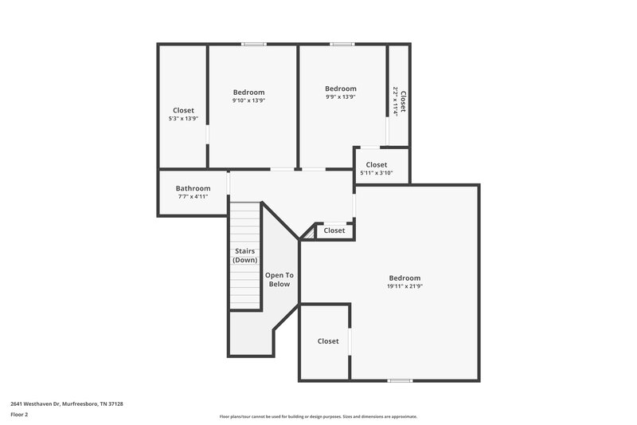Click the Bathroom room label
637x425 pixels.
[x=193, y=188]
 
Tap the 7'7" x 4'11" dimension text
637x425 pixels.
[x=193, y=197]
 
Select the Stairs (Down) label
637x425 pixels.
[x=244, y=256]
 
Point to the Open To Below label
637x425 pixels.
[x=279, y=279]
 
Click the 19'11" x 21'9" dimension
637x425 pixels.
[x=404, y=286]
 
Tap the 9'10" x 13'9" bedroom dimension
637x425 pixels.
[x=248, y=100]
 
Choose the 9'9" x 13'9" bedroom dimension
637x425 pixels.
[x=340, y=96]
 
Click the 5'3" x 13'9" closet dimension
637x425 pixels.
[x=182, y=119]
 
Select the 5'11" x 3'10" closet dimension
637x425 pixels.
[x=376, y=173]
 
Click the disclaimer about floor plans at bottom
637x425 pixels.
[x=318, y=416]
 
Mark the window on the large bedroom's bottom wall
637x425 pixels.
[x=399, y=380]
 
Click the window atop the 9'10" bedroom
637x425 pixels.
[x=254, y=44]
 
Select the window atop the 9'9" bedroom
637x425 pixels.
[x=342, y=44]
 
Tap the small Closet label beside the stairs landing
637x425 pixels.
[x=334, y=230]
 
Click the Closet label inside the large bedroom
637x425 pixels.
[x=328, y=341]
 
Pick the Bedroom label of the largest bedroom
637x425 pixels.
[x=404, y=277]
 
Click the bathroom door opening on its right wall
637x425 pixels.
[x=229, y=183]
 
